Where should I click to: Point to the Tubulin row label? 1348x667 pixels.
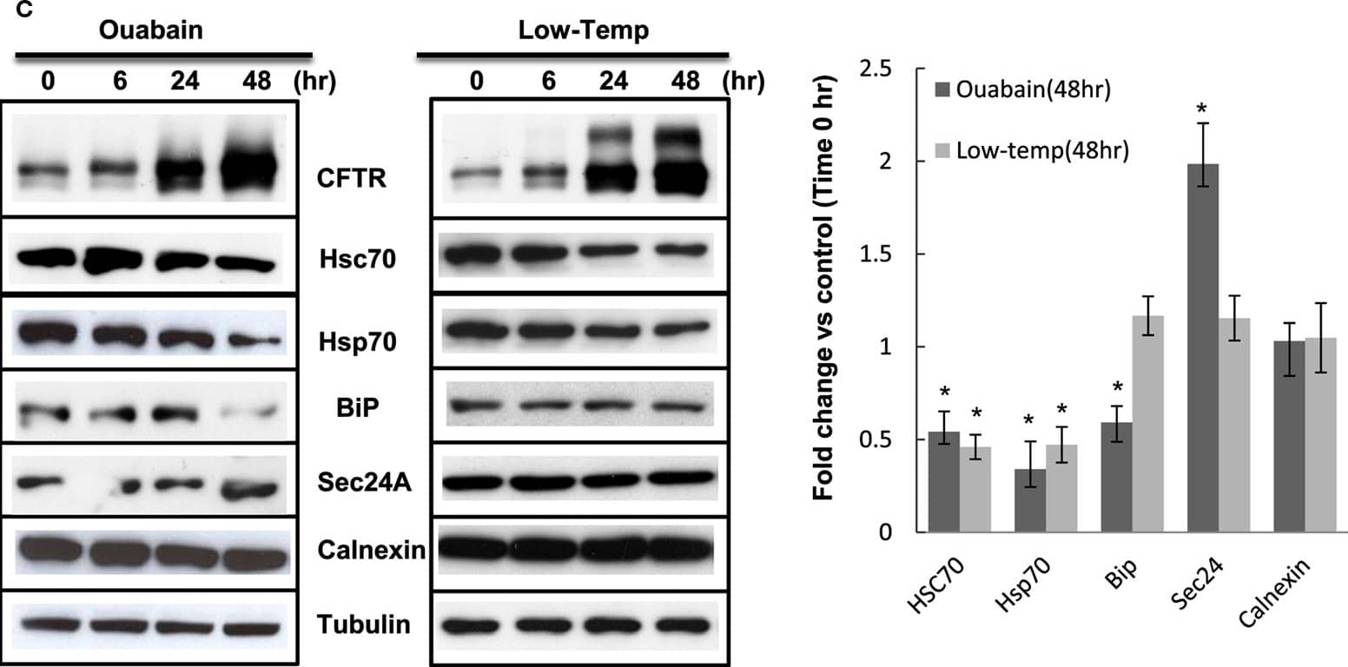[365, 625]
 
